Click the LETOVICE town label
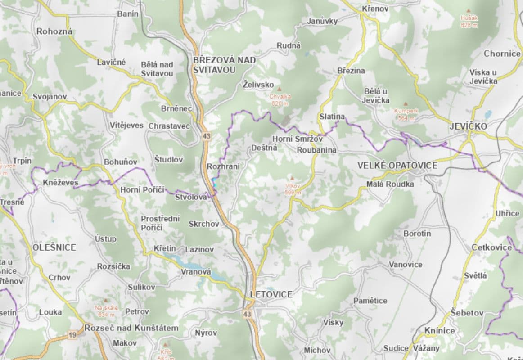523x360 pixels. click(x=271, y=294)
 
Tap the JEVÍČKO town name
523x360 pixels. click(x=468, y=126)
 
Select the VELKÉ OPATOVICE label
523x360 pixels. click(x=397, y=166)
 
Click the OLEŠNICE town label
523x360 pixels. click(x=54, y=247)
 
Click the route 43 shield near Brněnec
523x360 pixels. click(x=207, y=135)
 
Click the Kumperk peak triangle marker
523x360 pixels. click(x=406, y=103)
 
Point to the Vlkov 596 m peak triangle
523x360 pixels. click(x=292, y=178)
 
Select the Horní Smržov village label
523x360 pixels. click(x=298, y=139)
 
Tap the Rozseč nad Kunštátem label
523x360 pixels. click(x=132, y=328)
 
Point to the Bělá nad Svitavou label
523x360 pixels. click(x=157, y=69)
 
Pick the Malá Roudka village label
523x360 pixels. click(x=390, y=184)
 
